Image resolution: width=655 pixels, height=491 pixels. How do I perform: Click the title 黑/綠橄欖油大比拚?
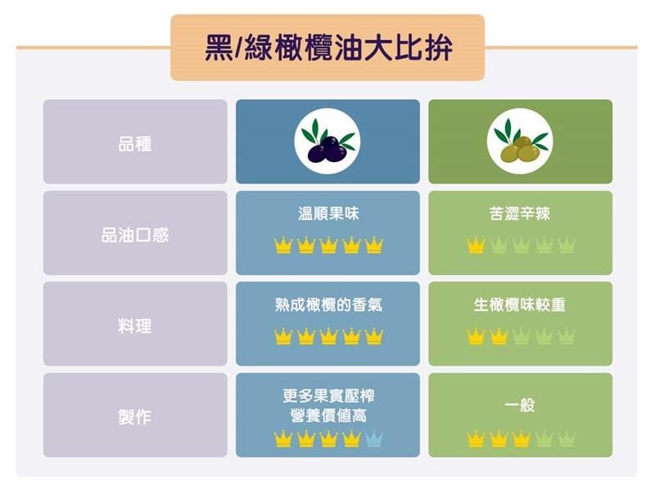point(328,48)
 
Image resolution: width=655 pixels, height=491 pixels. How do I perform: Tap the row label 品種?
point(135,144)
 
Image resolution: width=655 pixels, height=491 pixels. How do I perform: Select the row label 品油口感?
point(135,235)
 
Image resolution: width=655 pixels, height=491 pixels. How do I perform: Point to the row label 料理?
point(135,326)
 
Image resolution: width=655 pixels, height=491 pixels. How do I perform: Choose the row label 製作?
point(135,417)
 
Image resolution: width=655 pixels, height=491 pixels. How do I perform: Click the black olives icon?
point(327,141)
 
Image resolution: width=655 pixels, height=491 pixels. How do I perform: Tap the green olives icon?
point(520,141)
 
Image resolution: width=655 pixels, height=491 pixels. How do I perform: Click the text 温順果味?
point(328,214)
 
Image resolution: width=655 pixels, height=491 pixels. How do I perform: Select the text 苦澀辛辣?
point(520,214)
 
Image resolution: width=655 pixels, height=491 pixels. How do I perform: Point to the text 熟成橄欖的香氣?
point(328,304)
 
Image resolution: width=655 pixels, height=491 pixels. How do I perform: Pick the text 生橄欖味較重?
point(520,304)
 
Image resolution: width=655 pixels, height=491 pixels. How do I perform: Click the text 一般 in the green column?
point(520,404)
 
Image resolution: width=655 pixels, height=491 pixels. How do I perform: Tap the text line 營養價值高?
point(328,416)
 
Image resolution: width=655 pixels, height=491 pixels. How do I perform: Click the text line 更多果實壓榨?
point(328,396)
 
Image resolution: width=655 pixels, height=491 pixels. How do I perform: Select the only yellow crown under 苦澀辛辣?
point(476,245)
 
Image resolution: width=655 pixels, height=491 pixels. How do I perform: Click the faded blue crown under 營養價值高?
point(373,439)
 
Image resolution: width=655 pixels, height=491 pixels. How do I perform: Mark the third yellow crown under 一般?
point(521,439)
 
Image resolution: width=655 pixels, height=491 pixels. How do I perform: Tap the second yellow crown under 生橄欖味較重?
point(499,336)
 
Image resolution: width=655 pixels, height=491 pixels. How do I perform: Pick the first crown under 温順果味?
point(282,245)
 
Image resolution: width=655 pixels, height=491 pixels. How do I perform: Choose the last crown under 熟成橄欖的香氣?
point(373,336)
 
